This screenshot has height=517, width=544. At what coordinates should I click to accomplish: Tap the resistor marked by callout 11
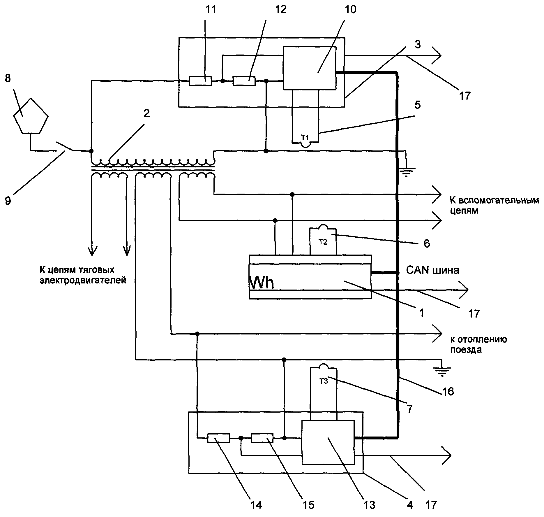[200, 81]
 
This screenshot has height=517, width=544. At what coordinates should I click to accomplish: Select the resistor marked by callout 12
[244, 81]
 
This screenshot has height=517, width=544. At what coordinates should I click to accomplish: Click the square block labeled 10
[310, 68]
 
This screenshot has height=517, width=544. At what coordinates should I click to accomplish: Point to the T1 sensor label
[305, 137]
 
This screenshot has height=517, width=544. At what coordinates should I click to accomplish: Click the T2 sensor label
[323, 242]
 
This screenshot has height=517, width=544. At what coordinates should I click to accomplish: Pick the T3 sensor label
[324, 381]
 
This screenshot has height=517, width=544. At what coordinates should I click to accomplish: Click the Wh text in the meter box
[262, 282]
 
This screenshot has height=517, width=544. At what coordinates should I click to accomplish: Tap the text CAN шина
[432, 270]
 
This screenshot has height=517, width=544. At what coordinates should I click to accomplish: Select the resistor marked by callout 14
[219, 438]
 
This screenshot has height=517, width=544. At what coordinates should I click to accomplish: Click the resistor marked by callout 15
[262, 438]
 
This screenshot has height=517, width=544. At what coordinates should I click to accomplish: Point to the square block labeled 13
[328, 442]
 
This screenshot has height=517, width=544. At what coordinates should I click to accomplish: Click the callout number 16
[448, 392]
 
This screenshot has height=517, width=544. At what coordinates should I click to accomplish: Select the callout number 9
[8, 201]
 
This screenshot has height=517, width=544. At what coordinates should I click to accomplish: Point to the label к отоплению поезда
[478, 344]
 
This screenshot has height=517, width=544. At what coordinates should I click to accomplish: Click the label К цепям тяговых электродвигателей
[83, 275]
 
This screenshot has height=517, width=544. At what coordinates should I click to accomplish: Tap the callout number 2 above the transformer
[146, 113]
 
